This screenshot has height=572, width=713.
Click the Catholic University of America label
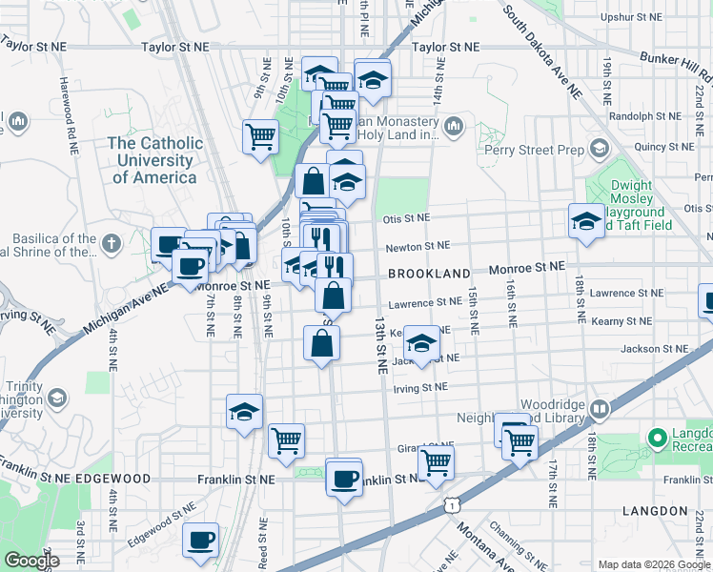pos(154,160)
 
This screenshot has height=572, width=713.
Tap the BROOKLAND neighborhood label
pos(429,274)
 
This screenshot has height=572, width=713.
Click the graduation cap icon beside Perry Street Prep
pos(599,149)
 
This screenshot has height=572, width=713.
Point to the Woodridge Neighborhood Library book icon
pos(600,410)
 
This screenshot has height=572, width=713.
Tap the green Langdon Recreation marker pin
pos(656,439)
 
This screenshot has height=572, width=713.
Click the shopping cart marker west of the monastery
pos(259,135)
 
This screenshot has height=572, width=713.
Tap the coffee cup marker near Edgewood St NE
pos(200,541)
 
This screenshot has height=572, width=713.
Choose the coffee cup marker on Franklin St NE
pos(343,478)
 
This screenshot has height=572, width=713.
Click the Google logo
pos(31,561)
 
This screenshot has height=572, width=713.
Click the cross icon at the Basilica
pos(111,244)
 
